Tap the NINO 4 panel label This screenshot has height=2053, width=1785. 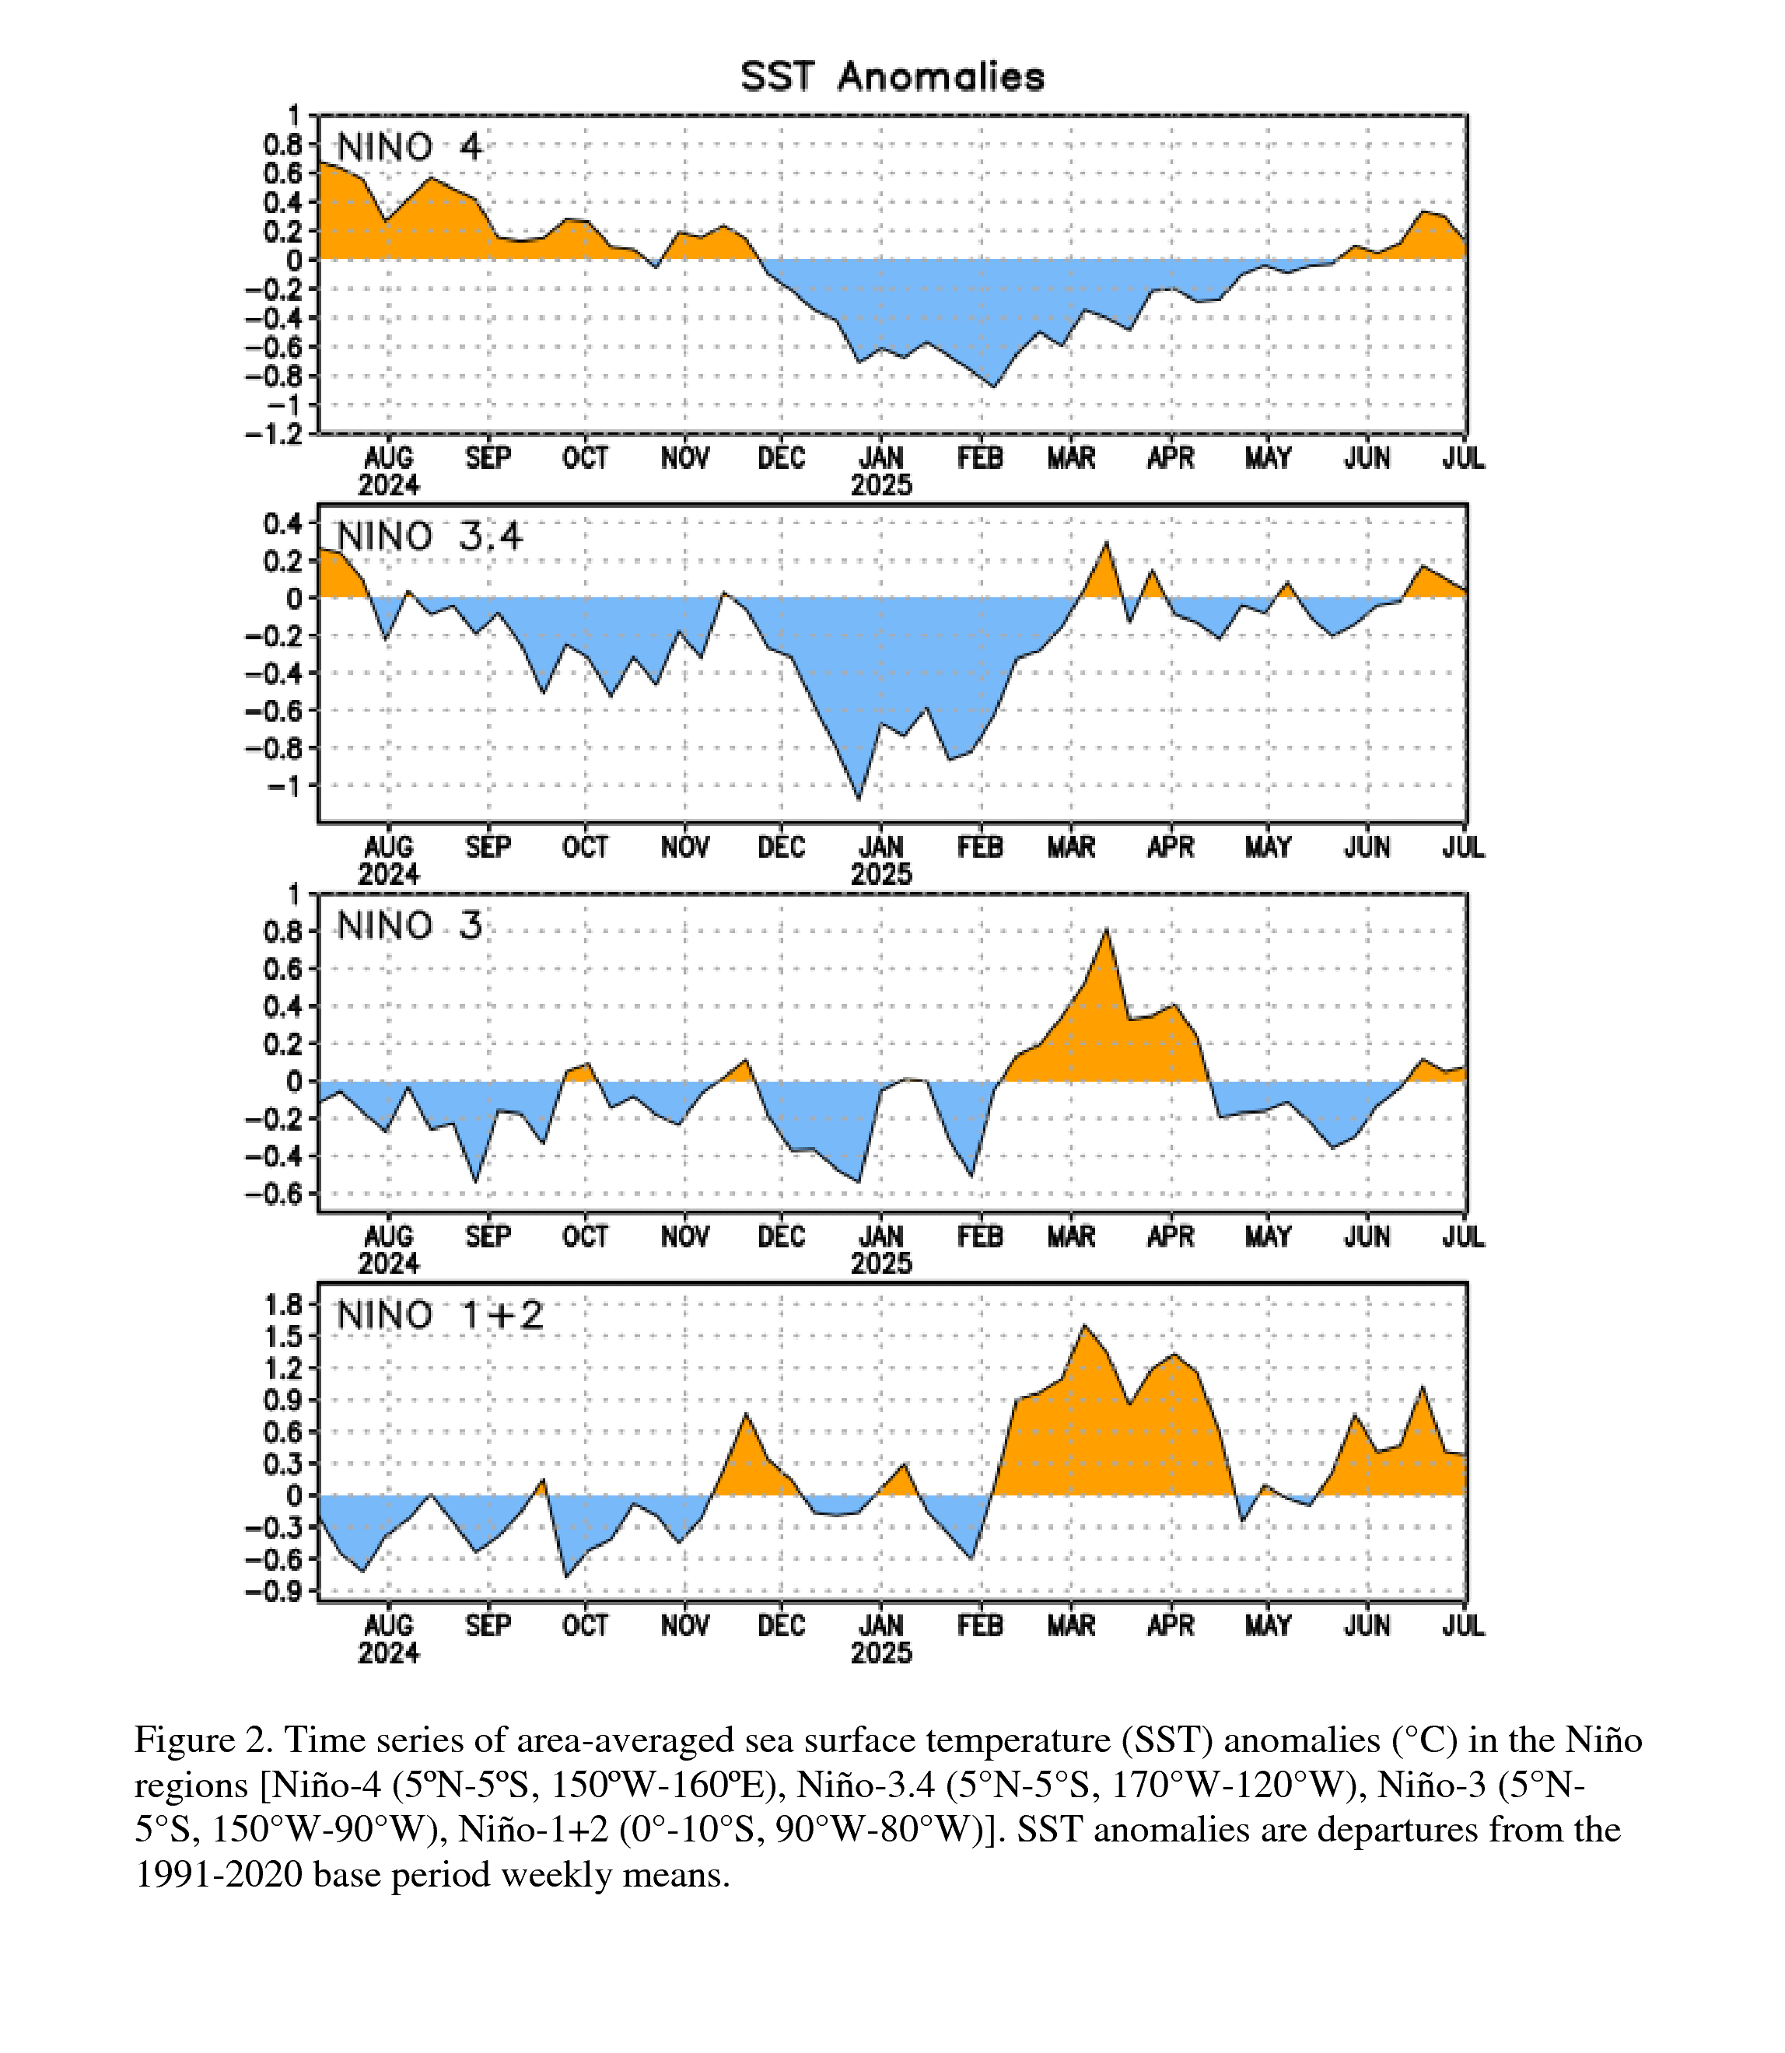coord(409,148)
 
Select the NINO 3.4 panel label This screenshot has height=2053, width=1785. coord(429,537)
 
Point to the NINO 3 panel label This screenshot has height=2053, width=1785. coord(409,926)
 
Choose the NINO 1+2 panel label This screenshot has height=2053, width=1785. coord(440,1316)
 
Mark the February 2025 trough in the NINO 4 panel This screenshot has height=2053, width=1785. coord(993,386)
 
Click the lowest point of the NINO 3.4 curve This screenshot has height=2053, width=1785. coord(859,799)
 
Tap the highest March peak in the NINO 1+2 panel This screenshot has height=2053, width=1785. coord(1085,1325)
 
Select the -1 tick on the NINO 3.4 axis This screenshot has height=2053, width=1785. coord(284,786)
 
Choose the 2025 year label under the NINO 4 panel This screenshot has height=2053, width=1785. coord(881,486)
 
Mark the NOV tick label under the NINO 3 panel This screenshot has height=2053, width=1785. coord(685,1237)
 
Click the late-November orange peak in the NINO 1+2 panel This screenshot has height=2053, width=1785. coord(746,1415)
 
